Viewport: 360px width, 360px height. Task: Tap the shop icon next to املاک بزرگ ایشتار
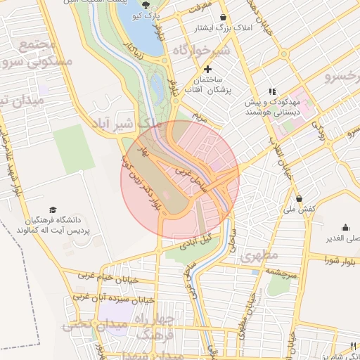tap(224, 18)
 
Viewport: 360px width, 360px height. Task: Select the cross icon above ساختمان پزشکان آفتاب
tap(207, 70)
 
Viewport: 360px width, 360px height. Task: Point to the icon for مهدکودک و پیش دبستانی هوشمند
tap(272, 91)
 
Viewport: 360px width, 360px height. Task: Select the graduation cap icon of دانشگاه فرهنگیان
tap(53, 210)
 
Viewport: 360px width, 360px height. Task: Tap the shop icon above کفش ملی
tap(300, 198)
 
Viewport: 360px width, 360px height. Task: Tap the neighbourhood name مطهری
tap(259, 255)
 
